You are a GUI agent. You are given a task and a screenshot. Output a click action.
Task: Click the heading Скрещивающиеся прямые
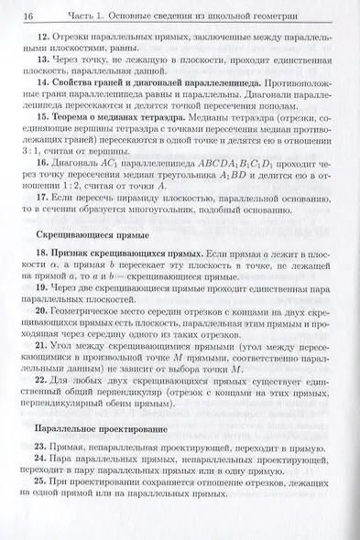[87, 260]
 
